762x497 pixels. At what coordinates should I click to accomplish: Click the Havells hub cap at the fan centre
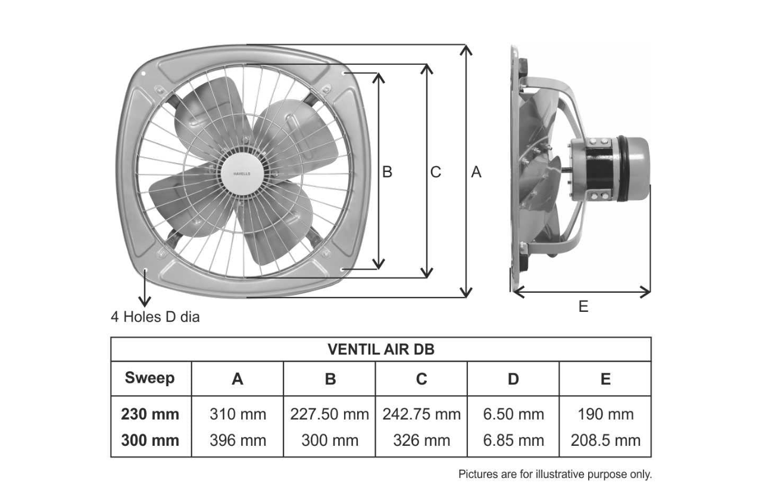[x=242, y=174]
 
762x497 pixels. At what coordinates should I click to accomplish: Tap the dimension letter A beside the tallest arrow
[x=476, y=172]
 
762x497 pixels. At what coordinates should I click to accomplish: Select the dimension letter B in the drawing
[x=387, y=172]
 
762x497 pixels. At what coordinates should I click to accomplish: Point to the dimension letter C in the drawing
[x=435, y=172]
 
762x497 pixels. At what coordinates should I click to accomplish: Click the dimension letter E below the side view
[x=583, y=307]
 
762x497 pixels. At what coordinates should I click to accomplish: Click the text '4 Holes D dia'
[x=155, y=317]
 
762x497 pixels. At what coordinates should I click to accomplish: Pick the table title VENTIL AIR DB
[x=381, y=349]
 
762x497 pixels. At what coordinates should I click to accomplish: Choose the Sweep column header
[x=149, y=378]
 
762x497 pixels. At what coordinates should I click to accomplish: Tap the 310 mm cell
[x=238, y=414]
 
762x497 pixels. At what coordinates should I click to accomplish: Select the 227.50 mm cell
[x=329, y=414]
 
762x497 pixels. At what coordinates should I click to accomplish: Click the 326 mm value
[x=421, y=440]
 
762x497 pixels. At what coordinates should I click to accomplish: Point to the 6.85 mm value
[x=513, y=440]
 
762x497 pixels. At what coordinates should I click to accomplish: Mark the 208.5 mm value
[x=605, y=440]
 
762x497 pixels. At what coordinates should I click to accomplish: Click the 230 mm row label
[x=150, y=414]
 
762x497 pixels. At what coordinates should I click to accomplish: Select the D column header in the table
[x=513, y=379]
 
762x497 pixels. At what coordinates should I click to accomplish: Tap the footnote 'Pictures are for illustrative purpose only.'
[x=555, y=474]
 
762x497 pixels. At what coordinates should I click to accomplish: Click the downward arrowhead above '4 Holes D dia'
[x=145, y=301]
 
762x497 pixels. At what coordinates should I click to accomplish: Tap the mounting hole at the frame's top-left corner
[x=143, y=73]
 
